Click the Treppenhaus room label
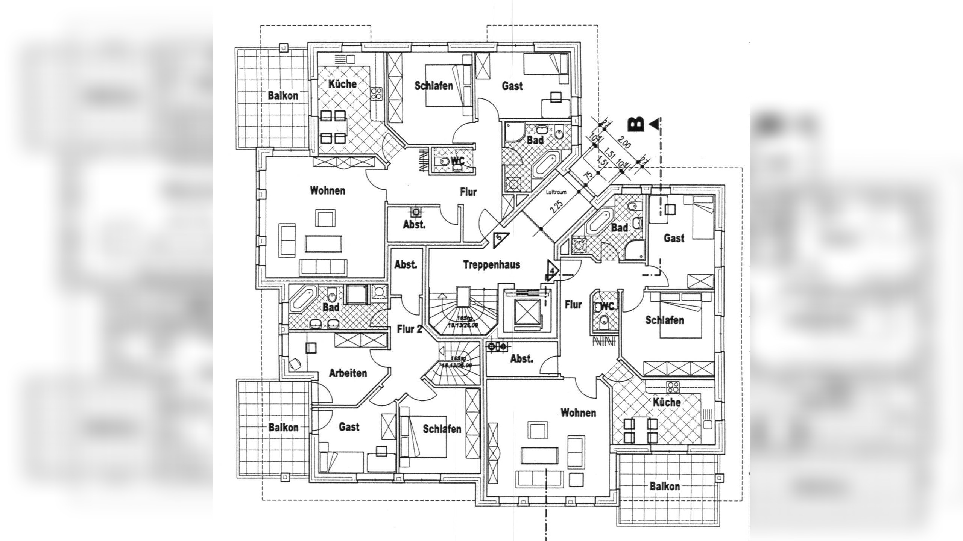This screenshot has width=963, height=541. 491,264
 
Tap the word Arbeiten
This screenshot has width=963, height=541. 348,373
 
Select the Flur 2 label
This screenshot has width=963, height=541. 409,329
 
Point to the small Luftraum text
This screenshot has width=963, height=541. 556,192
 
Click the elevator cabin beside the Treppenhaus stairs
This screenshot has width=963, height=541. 526,312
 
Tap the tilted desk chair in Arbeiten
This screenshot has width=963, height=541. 295,364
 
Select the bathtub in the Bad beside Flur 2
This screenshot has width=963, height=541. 303,298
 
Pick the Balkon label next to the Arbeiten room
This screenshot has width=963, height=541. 283,427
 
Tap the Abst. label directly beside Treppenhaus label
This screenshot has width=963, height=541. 406,264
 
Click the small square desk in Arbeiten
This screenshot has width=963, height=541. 311,348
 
